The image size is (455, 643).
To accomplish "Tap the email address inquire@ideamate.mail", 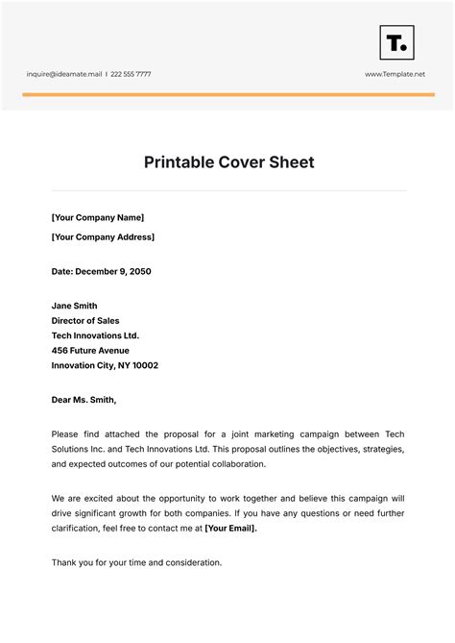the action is coord(64,74).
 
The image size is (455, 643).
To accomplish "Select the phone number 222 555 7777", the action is coord(131,74).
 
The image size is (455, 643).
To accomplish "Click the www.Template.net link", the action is coord(395,74).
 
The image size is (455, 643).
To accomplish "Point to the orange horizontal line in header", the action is coord(227,94).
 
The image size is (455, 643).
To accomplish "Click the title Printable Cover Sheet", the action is coord(228,162).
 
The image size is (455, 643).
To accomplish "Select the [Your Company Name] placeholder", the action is coord(97,217).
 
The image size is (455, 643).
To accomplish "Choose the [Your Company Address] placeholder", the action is coord(103,236).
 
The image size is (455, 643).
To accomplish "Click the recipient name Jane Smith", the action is coord(74,306).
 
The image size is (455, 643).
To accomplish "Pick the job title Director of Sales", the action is coord(85,321).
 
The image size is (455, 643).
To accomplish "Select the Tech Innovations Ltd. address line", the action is coord(95,335).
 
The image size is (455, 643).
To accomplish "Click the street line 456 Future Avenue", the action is coord(90,351).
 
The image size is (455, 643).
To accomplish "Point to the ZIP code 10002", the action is coord(145,365).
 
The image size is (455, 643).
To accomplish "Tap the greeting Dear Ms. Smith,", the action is coord(84,400).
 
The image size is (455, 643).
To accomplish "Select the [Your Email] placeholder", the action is coord(230,528).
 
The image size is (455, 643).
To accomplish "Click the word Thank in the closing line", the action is coord(64,562).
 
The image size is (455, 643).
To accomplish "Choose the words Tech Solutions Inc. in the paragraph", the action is coord(91,450).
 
